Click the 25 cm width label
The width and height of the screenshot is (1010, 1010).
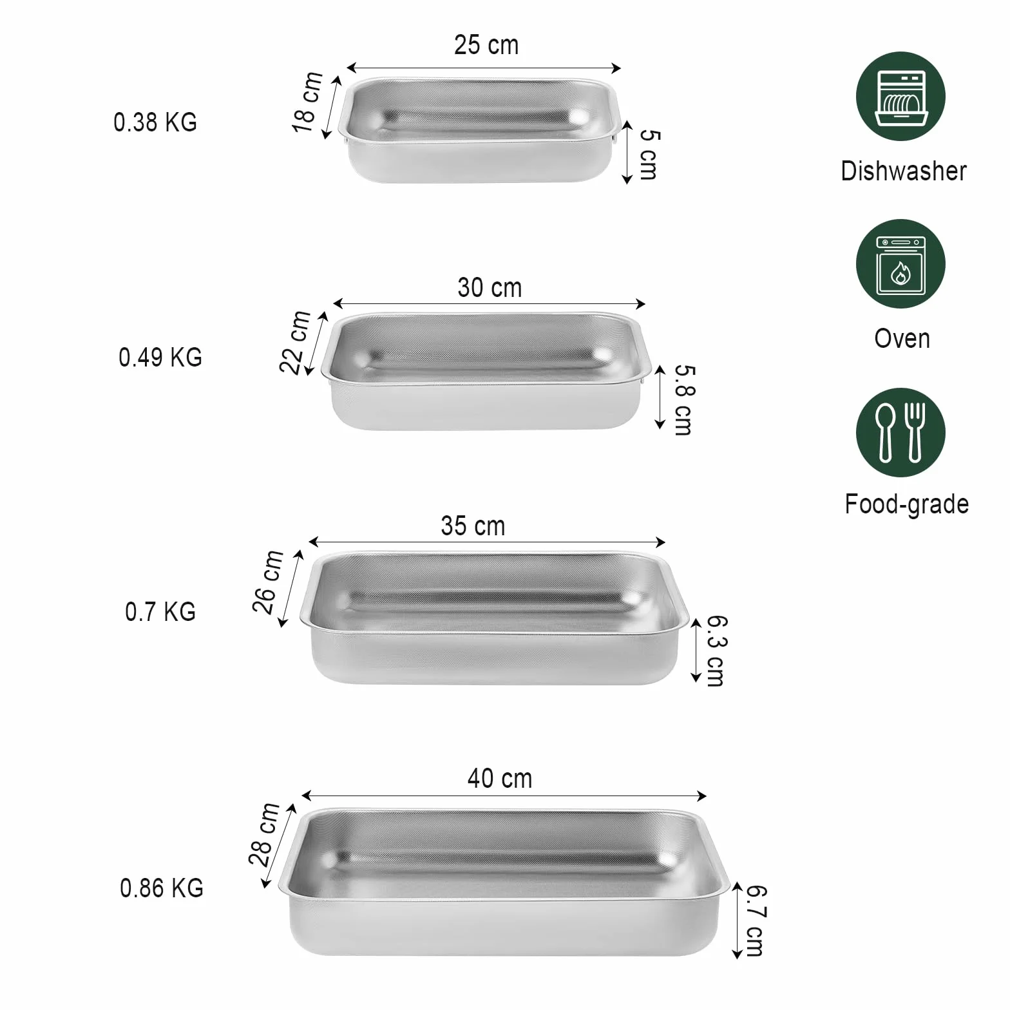pos(486,45)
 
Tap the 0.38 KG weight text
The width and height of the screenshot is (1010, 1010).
pos(155,122)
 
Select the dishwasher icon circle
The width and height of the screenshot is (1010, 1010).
pos(900,97)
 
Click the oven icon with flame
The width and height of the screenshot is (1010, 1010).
pos(900,264)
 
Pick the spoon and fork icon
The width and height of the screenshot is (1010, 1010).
pos(900,432)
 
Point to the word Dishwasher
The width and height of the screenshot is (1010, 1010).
pos(904,171)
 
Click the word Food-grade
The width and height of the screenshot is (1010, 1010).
pos(906,504)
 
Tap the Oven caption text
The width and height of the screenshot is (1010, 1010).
pos(902,339)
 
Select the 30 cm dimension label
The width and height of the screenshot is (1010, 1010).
pos(490,288)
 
